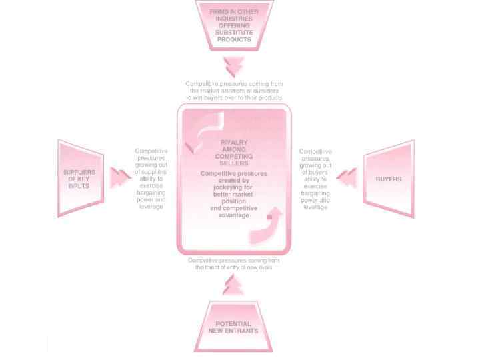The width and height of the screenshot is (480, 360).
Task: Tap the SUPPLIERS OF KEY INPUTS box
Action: pos(81,178)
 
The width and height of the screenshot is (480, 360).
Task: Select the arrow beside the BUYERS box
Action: pos(347,178)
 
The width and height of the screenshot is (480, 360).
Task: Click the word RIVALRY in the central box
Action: pos(233,143)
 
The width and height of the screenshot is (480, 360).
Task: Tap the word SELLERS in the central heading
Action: pos(233,163)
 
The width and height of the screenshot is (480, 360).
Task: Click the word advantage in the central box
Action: pos(233,215)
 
